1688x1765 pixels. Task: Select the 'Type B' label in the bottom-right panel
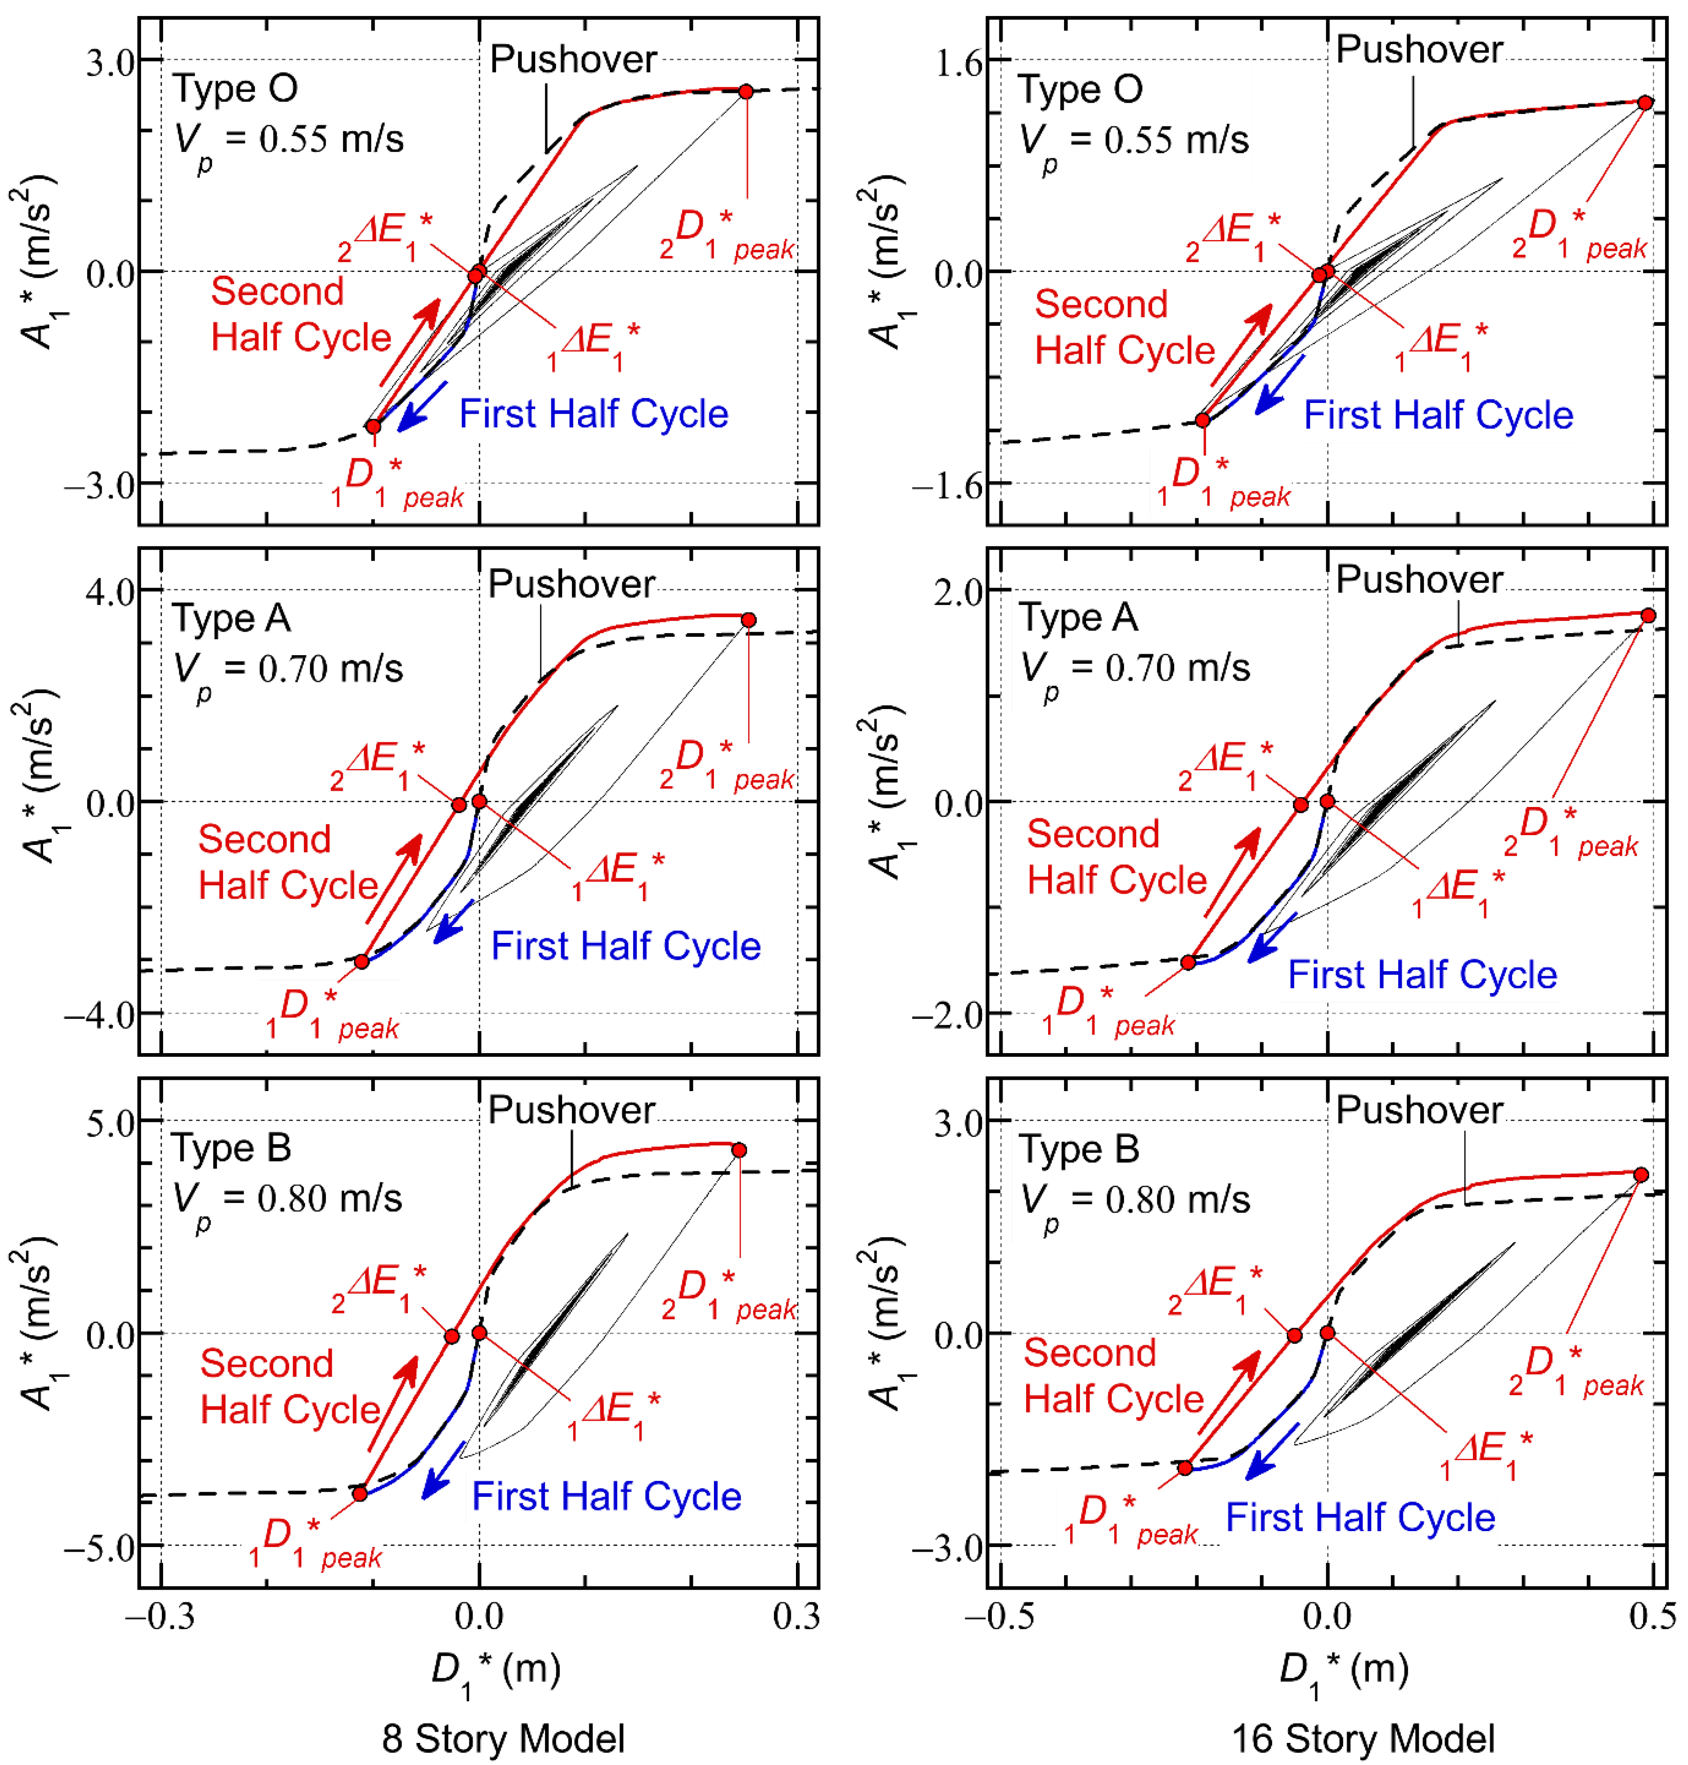[x=1079, y=1149]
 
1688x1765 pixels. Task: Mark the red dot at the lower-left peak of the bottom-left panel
[x=360, y=1493]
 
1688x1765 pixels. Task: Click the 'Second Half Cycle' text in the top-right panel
[x=1123, y=328]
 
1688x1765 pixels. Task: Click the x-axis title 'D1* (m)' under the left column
[x=496, y=1671]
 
